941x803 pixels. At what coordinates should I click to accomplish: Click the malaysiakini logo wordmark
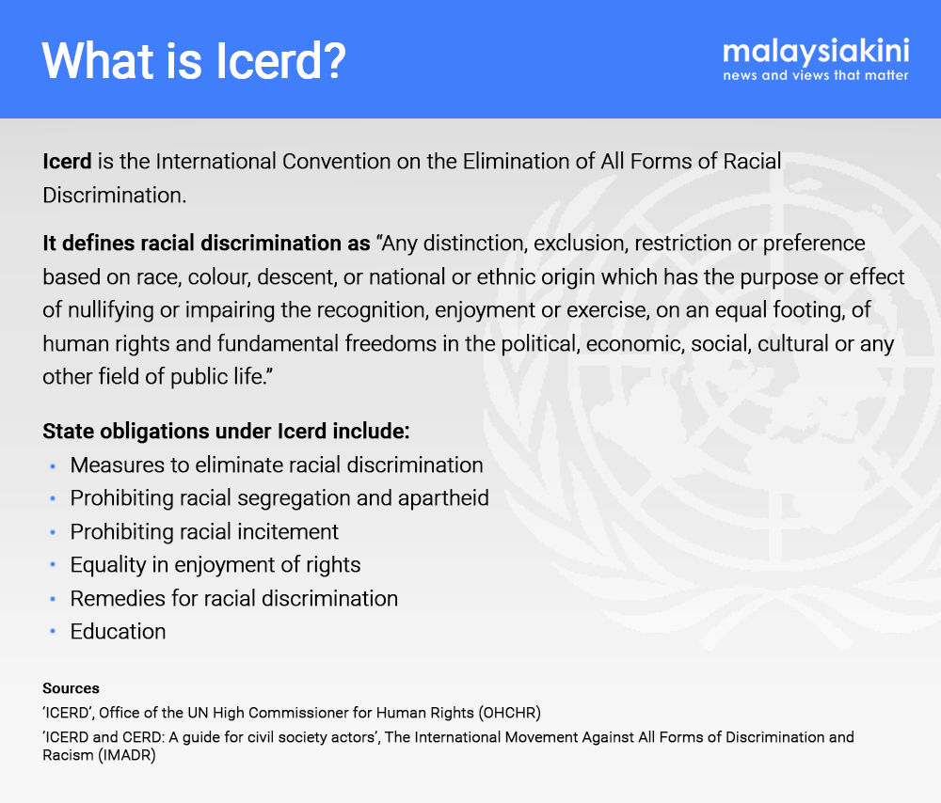(x=816, y=52)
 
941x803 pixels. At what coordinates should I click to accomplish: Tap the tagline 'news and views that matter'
(x=816, y=75)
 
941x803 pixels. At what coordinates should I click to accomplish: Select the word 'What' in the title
(x=99, y=60)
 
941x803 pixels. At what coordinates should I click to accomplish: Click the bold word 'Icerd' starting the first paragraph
(x=67, y=162)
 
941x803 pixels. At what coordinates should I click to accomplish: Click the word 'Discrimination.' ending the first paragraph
(x=115, y=195)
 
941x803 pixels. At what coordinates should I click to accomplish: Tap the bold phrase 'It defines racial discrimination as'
(x=206, y=243)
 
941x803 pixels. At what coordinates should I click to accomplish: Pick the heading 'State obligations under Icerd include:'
(x=226, y=432)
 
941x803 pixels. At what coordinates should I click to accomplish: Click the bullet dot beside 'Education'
(x=53, y=632)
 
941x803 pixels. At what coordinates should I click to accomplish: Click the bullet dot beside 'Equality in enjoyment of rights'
(x=53, y=565)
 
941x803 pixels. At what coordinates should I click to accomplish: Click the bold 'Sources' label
(x=71, y=688)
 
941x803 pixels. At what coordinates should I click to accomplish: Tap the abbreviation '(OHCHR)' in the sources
(x=509, y=713)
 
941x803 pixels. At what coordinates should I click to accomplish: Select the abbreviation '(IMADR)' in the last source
(x=127, y=755)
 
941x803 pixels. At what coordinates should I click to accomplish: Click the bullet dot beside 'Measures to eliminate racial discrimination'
(x=53, y=465)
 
